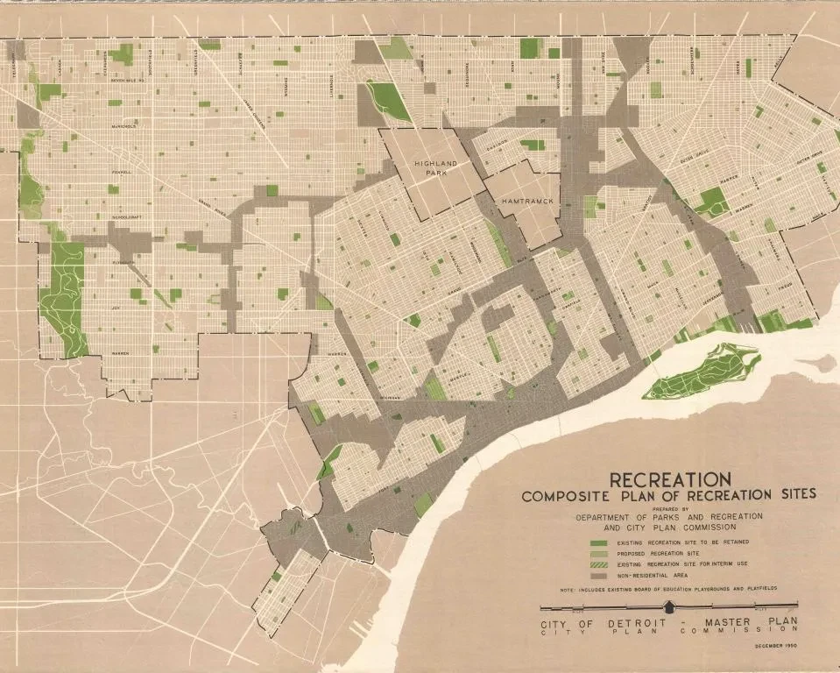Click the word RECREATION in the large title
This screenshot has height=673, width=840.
click(x=670, y=479)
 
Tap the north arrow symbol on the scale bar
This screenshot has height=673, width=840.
click(x=670, y=606)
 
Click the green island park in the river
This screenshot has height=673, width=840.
click(x=701, y=372)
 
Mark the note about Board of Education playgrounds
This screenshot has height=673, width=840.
click(x=669, y=591)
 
